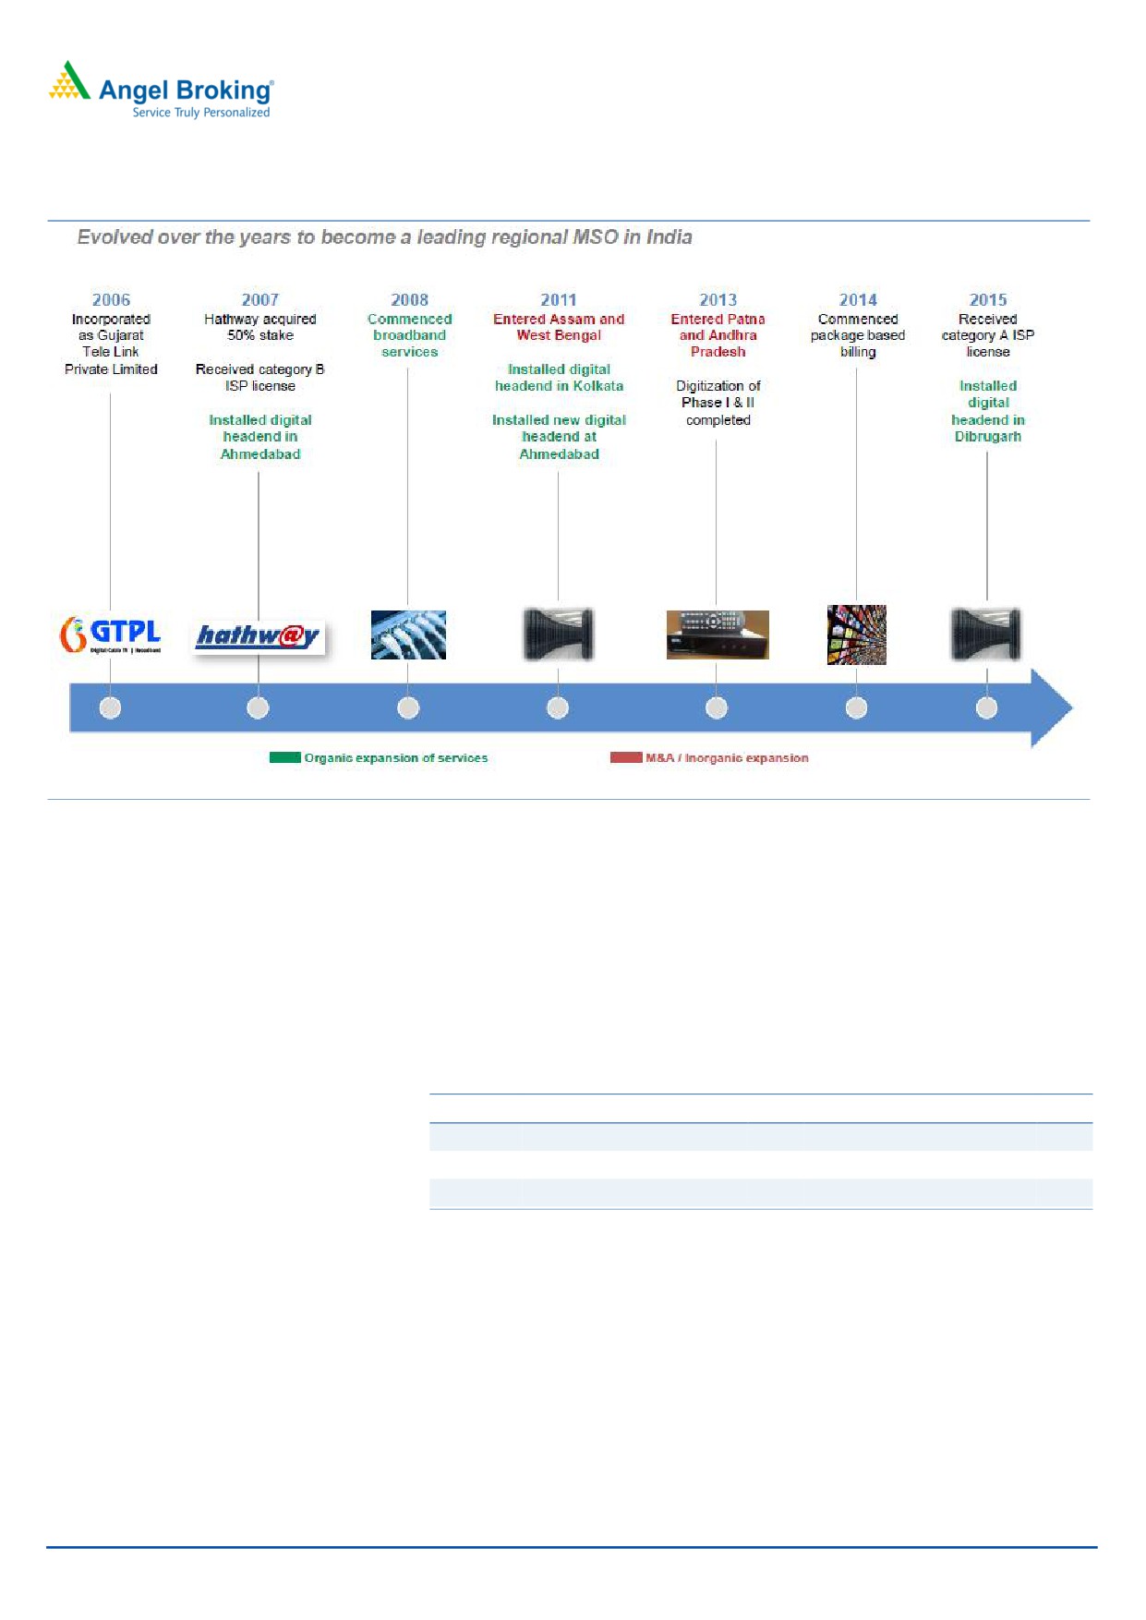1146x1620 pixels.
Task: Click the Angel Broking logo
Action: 162,90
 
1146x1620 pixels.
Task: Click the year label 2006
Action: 111,300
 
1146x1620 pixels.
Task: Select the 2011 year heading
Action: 559,300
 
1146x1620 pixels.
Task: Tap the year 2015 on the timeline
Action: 988,300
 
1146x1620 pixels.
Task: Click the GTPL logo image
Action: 111,635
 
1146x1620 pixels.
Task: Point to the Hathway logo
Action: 259,636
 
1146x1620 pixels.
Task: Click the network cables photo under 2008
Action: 408,635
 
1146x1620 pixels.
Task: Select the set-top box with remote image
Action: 718,635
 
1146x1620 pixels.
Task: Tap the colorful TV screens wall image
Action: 857,635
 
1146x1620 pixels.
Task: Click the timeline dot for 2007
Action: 259,707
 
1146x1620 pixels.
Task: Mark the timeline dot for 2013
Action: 717,707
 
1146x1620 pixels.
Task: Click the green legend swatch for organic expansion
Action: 285,757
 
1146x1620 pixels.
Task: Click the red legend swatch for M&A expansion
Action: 626,757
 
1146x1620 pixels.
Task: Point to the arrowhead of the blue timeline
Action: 1073,708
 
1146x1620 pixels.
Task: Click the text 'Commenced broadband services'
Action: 410,335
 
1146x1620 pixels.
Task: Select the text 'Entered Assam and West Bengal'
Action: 559,327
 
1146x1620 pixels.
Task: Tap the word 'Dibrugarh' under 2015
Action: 988,437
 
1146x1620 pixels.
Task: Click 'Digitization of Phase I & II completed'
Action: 718,403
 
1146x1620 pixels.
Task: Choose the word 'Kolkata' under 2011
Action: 598,386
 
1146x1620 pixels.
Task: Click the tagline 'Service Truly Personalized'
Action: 201,113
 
